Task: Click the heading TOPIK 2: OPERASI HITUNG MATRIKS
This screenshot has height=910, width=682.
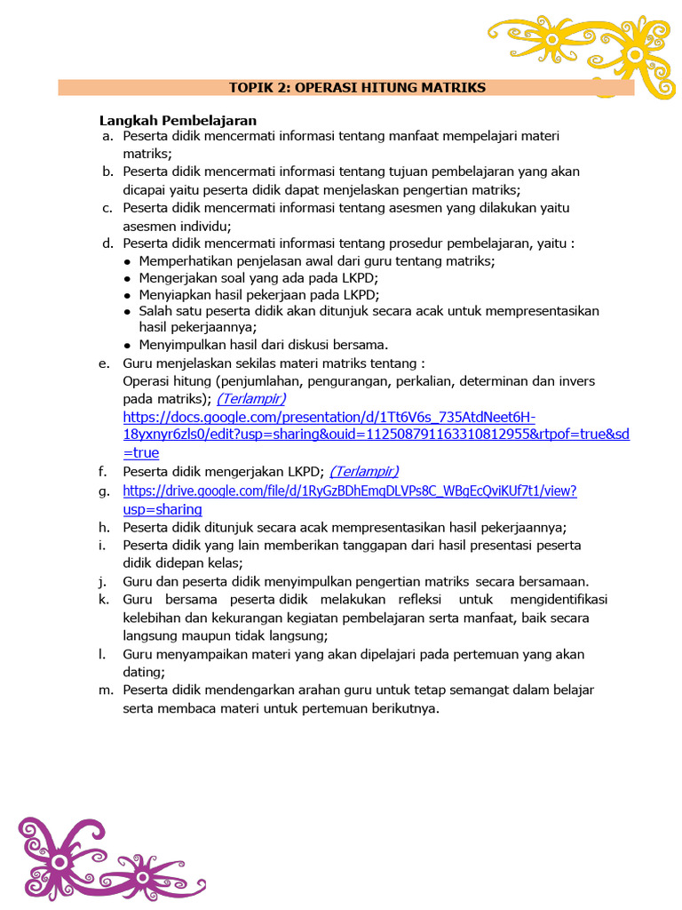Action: coord(357,87)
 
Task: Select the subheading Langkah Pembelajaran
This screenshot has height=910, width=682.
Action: coord(178,120)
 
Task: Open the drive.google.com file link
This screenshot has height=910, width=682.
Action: coord(350,491)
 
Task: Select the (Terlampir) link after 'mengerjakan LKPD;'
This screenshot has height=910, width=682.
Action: coord(364,471)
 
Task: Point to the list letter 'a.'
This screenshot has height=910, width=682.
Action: coord(107,136)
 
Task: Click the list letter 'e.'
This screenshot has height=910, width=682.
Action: coord(105,363)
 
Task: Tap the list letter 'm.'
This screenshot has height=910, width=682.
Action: coord(106,690)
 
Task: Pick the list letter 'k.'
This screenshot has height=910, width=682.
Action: coord(105,600)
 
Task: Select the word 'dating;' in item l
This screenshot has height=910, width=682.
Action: coord(144,673)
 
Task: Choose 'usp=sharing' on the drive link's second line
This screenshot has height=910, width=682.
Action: coord(163,509)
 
